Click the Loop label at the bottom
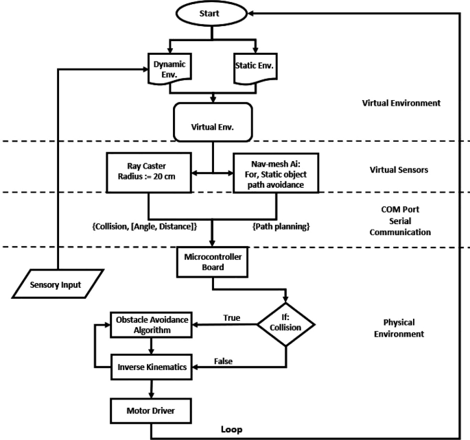[x=231, y=430]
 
